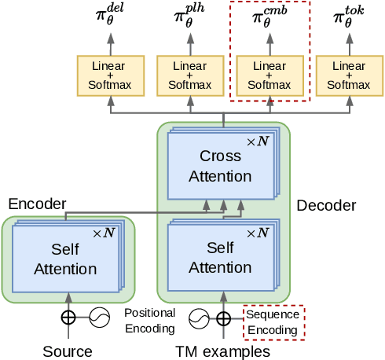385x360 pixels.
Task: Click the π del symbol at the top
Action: tap(110, 17)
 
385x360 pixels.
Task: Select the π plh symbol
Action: tap(189, 17)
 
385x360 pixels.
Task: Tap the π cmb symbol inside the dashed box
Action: tap(269, 17)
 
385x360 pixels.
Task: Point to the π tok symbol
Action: tap(348, 17)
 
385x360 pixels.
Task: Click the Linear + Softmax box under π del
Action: tap(110, 75)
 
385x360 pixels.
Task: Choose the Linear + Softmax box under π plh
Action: tap(189, 75)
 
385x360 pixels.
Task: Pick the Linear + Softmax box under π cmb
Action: tap(269, 75)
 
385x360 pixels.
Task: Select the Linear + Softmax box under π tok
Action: tap(348, 75)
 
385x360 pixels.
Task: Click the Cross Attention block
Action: tap(220, 166)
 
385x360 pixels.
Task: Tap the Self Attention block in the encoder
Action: tap(64, 259)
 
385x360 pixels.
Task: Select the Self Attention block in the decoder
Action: tap(220, 258)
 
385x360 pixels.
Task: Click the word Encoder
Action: tap(37, 204)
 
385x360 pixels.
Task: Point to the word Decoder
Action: tap(326, 206)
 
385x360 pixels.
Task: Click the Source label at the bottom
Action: tap(68, 351)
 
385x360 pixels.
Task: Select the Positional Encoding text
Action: tap(149, 321)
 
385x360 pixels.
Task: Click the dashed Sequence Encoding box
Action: tap(273, 322)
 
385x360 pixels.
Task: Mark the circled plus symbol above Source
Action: tap(68, 318)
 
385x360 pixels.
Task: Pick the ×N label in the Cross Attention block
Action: tap(258, 141)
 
